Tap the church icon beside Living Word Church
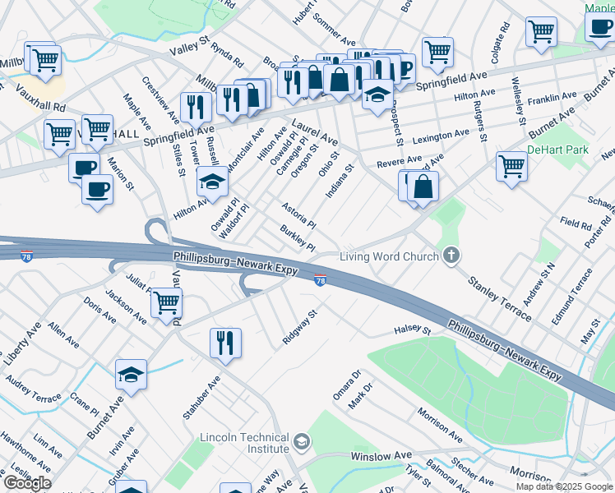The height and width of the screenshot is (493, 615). click(451, 256)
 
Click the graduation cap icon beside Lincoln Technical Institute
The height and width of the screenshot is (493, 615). click(302, 443)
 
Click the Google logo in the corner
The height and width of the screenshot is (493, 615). click(27, 483)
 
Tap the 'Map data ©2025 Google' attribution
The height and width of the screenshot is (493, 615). click(564, 486)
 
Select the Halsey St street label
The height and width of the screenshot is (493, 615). click(414, 330)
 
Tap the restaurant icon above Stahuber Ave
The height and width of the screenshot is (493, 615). click(225, 342)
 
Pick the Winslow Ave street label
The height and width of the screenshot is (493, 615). click(381, 455)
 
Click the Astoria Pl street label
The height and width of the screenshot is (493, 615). click(298, 216)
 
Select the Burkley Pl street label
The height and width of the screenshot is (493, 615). click(298, 239)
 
